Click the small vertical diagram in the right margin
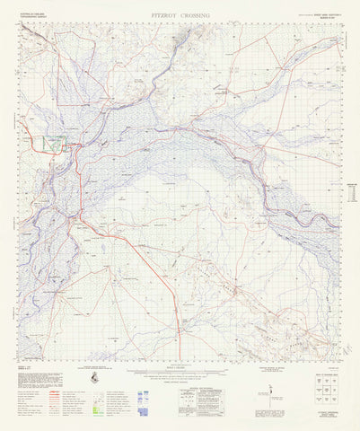[x=351, y=192]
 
